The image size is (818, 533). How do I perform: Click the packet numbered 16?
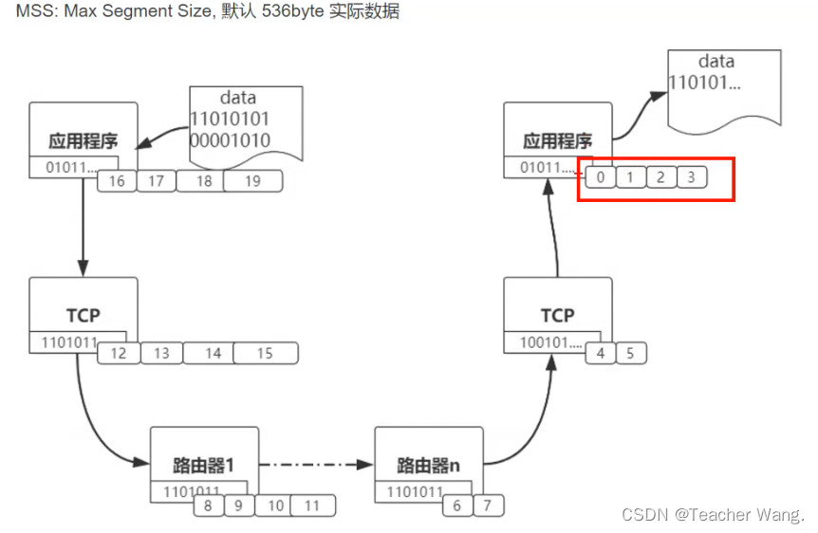click(x=117, y=181)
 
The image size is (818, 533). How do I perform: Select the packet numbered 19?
click(x=252, y=181)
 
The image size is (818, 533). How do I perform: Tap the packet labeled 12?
click(x=119, y=354)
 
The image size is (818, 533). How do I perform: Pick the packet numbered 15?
click(x=265, y=354)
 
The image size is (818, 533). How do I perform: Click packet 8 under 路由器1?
click(x=208, y=505)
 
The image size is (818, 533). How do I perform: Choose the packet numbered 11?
click(x=312, y=505)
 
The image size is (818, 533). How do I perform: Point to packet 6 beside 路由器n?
click(x=456, y=505)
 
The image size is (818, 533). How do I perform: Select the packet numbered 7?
click(x=488, y=505)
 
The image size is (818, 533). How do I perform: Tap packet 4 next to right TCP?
click(x=600, y=354)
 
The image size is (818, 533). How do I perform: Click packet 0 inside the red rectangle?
click(x=600, y=177)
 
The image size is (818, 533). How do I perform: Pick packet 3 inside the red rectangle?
click(x=691, y=177)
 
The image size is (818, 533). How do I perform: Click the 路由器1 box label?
click(x=203, y=466)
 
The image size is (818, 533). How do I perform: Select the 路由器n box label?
click(x=428, y=466)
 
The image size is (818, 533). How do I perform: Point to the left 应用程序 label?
click(x=83, y=142)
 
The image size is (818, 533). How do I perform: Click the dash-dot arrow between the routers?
click(x=312, y=465)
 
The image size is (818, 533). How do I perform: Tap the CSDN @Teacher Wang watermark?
click(x=713, y=514)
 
